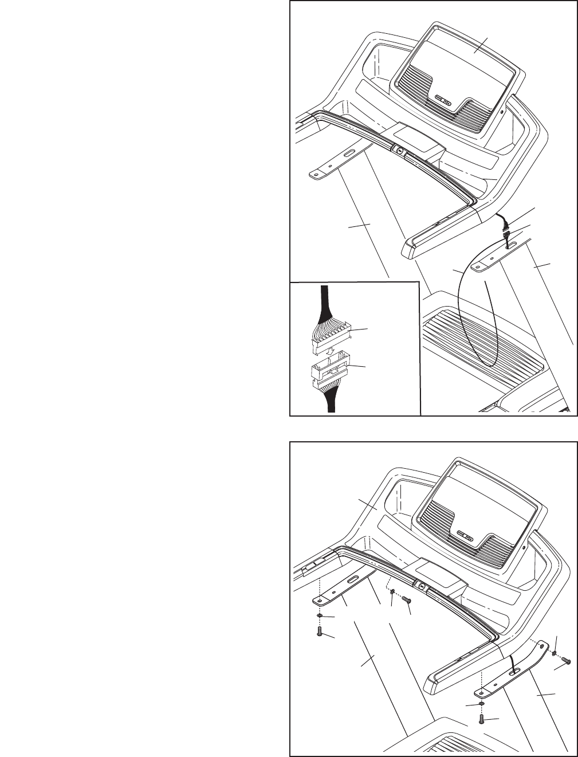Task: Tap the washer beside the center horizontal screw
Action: click(x=392, y=598)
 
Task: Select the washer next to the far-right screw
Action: click(x=555, y=652)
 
